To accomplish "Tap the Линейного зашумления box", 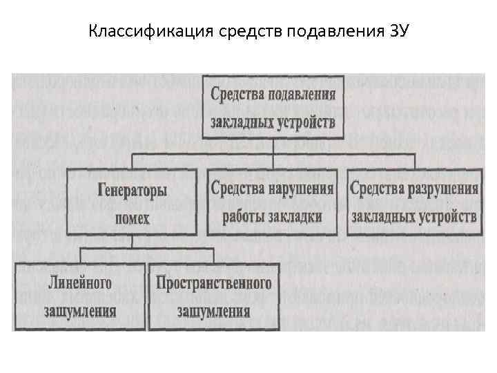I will pos(81,296).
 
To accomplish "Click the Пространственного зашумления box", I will pos(213,296).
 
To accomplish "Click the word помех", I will pos(133,219).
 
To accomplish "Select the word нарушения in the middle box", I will pos(300,188).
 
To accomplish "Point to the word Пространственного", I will pos(213,283).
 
